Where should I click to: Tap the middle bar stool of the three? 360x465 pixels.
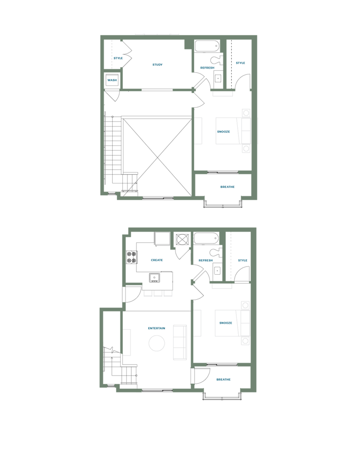[158, 293]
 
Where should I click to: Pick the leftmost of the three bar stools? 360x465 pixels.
[147, 293]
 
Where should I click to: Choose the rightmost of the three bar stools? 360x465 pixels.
[168, 293]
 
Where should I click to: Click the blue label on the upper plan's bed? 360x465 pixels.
[224, 132]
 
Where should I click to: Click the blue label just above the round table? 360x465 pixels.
[157, 328]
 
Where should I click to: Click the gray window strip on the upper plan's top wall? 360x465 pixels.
[157, 33]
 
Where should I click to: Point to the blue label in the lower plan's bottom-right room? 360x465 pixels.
[224, 379]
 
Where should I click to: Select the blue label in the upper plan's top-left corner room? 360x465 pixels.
[118, 58]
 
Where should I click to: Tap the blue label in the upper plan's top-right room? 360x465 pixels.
[240, 63]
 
